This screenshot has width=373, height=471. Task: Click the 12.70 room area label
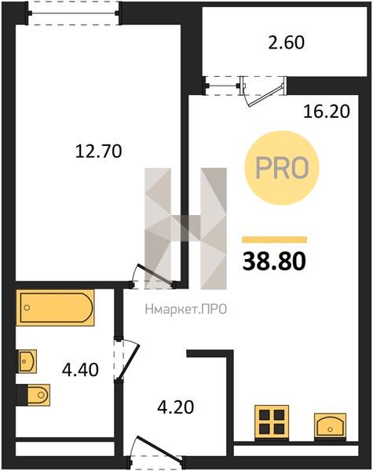click(98, 151)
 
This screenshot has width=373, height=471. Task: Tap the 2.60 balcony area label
click(286, 42)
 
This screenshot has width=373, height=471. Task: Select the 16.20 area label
click(327, 111)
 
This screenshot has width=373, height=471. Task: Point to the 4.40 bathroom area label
click(80, 370)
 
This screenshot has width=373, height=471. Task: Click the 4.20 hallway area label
click(176, 407)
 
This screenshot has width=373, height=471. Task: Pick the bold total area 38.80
click(274, 261)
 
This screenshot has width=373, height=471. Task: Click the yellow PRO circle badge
click(282, 168)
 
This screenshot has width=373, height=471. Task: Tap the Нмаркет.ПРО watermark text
click(186, 309)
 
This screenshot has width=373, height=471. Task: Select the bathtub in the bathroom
click(55, 308)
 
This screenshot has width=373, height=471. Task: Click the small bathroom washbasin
click(27, 361)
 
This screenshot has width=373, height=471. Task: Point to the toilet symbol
click(33, 395)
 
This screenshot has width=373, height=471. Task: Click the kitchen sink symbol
click(330, 425)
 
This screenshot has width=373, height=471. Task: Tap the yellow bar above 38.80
click(274, 239)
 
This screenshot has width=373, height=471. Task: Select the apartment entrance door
click(156, 448)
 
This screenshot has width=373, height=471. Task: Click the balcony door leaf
click(265, 95)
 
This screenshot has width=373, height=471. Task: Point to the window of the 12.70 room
click(74, 13)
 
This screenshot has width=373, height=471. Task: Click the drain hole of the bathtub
click(27, 308)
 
